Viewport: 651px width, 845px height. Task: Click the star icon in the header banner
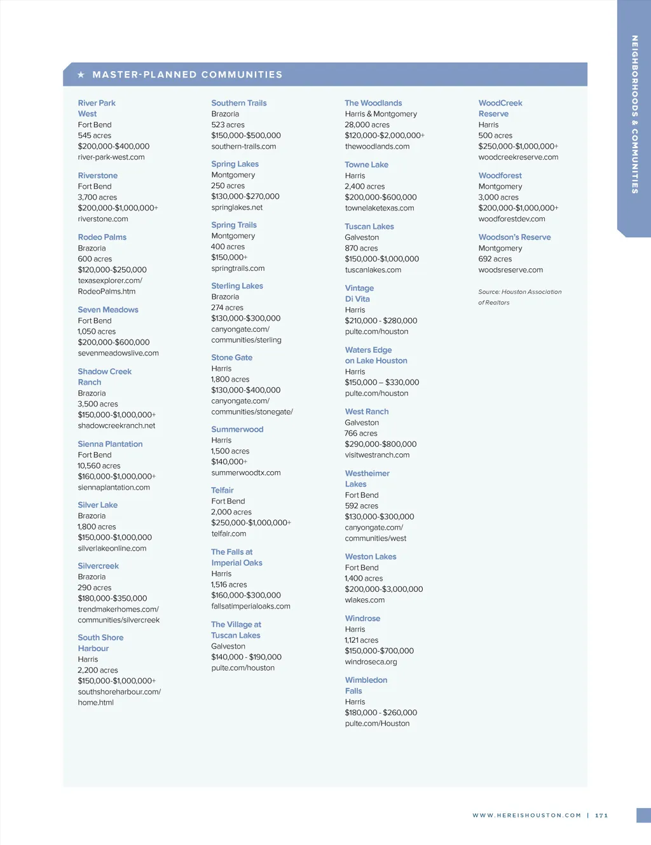[81, 75]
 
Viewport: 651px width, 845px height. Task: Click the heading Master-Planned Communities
[187, 75]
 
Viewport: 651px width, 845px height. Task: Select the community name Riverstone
[98, 175]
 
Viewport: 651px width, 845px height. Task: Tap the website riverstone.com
[103, 219]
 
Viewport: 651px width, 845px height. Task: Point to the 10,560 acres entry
[99, 465]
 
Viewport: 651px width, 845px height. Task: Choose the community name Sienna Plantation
[110, 444]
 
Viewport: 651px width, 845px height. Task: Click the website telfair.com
[229, 533]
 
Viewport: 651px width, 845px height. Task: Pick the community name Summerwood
[237, 429]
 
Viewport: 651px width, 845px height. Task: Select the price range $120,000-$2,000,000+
[385, 135]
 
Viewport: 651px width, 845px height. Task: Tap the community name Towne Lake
[366, 165]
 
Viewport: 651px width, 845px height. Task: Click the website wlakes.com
[365, 600]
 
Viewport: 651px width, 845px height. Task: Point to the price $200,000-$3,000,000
[384, 589]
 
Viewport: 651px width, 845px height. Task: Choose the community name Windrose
[362, 618]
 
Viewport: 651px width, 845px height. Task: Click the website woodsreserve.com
[511, 270]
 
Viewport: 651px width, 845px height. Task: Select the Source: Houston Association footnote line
[520, 292]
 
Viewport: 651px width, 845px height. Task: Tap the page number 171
[601, 815]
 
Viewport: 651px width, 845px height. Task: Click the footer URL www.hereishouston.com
[526, 815]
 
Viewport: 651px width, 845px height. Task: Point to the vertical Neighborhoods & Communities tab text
[634, 114]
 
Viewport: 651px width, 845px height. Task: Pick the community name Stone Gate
[232, 357]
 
